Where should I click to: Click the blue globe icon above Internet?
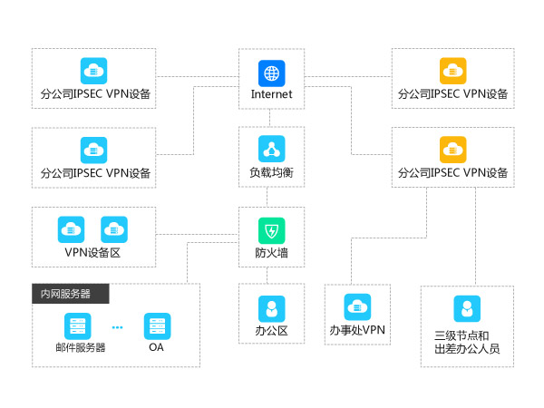[271, 72]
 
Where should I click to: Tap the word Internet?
[271, 93]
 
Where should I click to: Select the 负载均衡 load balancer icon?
[271, 149]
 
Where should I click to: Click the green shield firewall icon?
[271, 229]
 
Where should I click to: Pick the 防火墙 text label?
[271, 252]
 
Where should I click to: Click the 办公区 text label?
[271, 331]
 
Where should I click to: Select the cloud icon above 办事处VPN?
[357, 306]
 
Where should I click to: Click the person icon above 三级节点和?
[467, 309]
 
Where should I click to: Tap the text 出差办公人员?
[467, 348]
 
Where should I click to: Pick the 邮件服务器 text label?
[80, 347]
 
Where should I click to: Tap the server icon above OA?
[157, 325]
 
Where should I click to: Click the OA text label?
[157, 347]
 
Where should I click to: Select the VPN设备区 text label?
[92, 253]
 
